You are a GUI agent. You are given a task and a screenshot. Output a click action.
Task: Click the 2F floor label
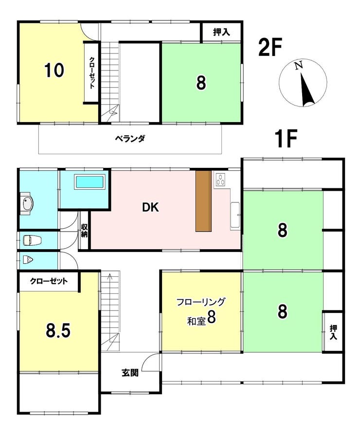270,47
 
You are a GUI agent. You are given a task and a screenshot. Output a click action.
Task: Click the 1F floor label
286,138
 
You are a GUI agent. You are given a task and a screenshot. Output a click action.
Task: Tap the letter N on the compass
298,66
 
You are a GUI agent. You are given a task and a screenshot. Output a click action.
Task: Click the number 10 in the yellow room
54,70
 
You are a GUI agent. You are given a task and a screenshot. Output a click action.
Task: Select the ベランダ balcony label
130,138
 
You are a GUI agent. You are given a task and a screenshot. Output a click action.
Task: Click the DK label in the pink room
151,207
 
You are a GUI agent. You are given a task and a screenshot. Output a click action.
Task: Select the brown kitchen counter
203,201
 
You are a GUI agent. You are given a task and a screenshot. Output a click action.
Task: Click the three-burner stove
221,179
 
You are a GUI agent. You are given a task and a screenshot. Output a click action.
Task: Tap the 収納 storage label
84,231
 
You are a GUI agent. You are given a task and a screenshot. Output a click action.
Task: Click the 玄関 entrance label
130,373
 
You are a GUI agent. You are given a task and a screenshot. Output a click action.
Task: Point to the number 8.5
58,331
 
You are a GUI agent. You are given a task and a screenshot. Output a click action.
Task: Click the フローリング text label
201,302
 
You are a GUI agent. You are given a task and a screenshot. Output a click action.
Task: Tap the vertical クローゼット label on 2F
91,72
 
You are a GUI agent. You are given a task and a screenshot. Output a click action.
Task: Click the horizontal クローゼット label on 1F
49,281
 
